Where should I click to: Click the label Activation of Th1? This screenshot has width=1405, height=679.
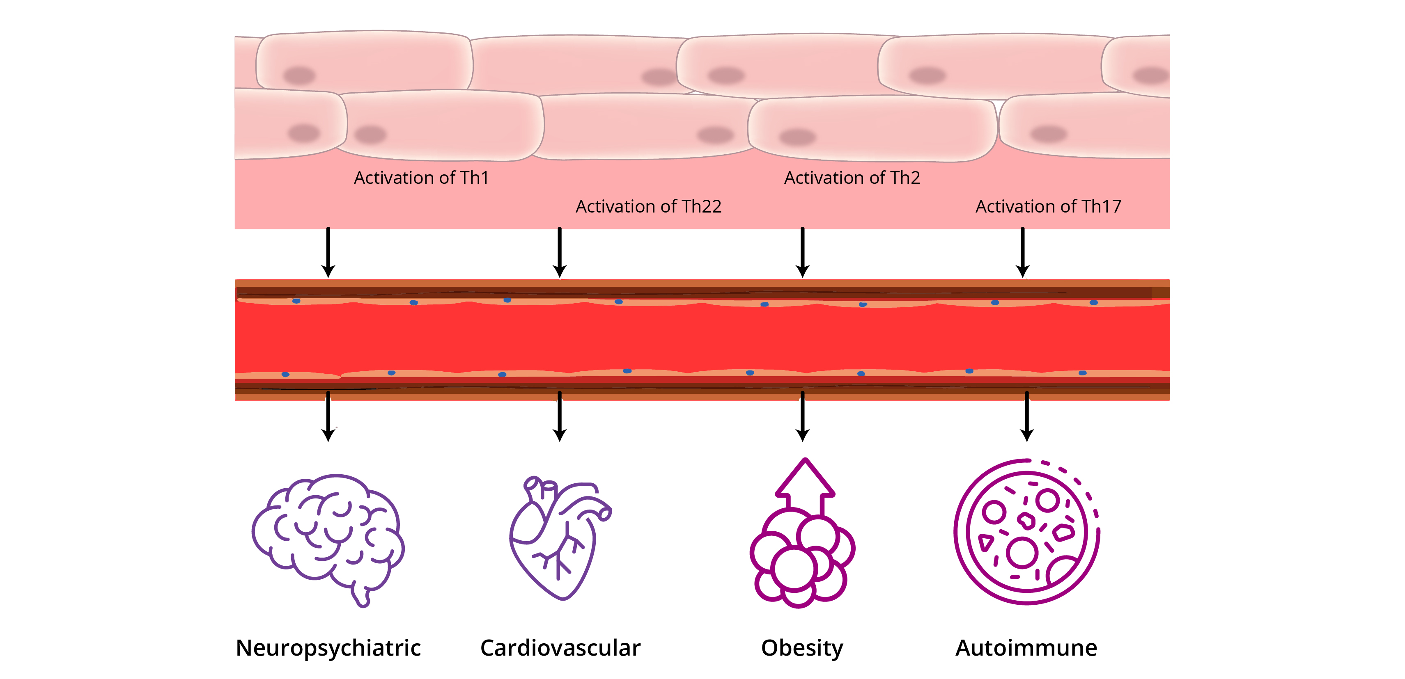coord(421,178)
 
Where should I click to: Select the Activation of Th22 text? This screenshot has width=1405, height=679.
coord(648,206)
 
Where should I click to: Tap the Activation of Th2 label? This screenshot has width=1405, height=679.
coord(852,178)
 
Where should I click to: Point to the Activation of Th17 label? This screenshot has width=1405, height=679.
coord(1048,206)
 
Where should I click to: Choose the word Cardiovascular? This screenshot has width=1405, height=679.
coord(560,648)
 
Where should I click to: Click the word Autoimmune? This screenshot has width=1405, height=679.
coord(1026,648)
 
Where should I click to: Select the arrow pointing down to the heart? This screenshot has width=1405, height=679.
coord(560,416)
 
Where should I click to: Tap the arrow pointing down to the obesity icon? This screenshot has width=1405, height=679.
coord(802,416)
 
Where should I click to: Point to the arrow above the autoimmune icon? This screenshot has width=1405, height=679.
coord(1027,416)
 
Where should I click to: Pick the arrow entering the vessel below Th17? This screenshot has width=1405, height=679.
coord(1023,252)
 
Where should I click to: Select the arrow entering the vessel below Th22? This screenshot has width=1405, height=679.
coord(560,252)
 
